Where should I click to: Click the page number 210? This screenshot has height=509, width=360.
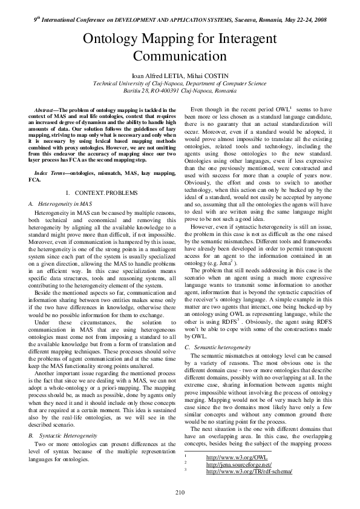click(x=180, y=491)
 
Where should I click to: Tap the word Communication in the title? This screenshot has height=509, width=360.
click(x=180, y=57)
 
